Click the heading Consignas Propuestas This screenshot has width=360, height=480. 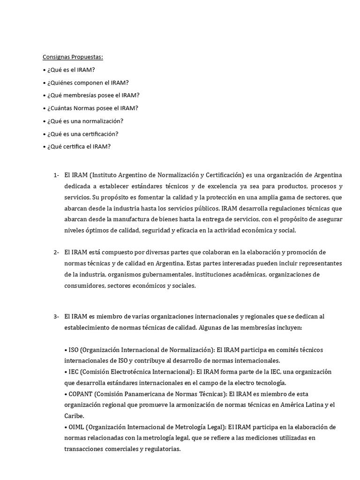point(73,57)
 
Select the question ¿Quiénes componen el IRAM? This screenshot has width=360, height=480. point(88,82)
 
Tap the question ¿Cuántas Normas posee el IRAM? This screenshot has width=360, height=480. point(92,108)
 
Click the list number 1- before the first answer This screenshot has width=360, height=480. point(56,175)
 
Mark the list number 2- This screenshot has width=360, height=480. point(56,252)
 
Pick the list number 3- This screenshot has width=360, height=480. point(56,316)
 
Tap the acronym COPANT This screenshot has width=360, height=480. point(81,394)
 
